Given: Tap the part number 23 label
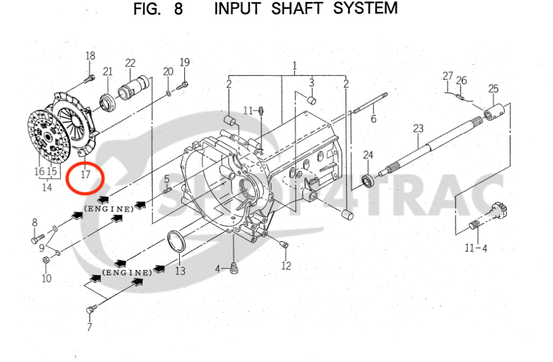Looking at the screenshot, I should point(418,129).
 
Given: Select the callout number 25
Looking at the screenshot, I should point(493,89).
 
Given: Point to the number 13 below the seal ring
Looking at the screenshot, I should point(180,271).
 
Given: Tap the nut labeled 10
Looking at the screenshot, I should point(46,260).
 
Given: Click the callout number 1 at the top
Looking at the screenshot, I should point(294,66).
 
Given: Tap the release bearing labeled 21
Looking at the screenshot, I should point(107,100).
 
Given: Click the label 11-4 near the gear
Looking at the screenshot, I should point(476,248).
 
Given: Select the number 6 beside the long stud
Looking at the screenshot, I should point(373,118).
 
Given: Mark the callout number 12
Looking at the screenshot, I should point(286,266).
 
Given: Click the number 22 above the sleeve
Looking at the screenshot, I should point(130,63).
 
